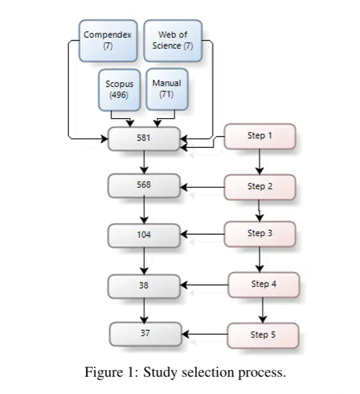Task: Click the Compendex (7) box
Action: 108,40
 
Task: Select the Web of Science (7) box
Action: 173,40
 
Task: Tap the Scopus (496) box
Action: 119,90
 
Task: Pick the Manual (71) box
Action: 167,89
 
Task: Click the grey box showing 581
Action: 144,139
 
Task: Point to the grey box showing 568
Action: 144,186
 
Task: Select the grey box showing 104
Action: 144,235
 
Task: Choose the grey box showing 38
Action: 144,286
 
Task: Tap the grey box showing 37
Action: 145,334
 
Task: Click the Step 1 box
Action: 260,136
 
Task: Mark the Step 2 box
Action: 260,187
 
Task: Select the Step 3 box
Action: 260,234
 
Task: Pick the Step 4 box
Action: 264,285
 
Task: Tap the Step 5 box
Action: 263,336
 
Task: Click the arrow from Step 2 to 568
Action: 202,187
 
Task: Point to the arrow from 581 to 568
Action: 144,162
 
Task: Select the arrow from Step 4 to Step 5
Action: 263,310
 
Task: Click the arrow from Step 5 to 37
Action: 204,334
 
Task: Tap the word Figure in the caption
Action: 103,372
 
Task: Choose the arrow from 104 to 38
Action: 144,261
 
